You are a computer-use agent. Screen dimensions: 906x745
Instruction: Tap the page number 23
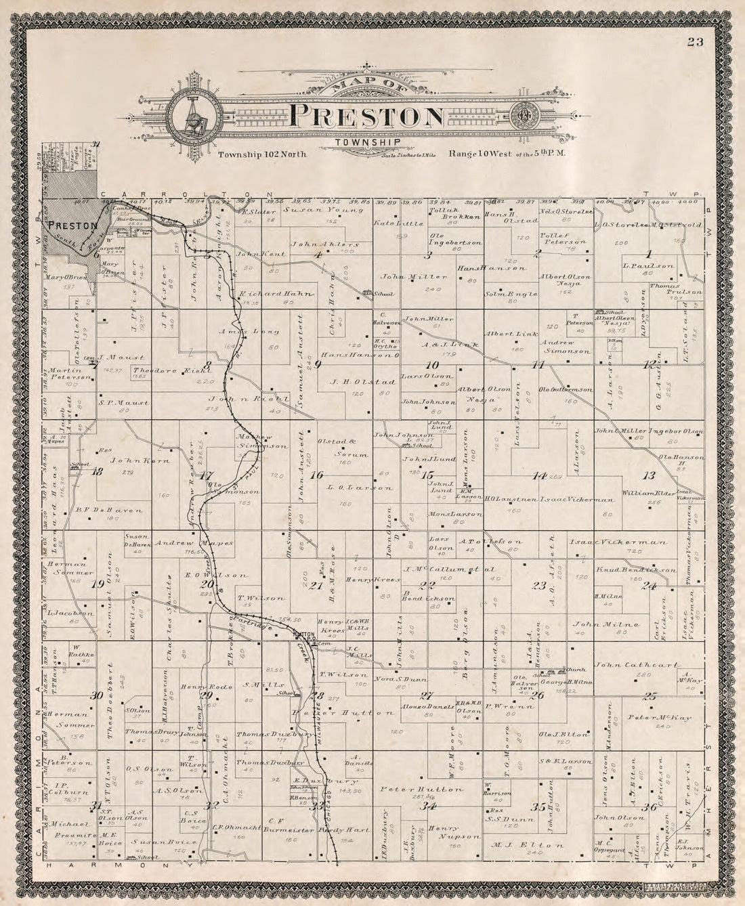(694, 43)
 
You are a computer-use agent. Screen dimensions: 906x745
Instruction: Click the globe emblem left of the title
(192, 116)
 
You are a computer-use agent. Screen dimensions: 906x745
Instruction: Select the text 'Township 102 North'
(263, 154)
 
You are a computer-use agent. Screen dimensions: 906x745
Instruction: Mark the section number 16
(316, 475)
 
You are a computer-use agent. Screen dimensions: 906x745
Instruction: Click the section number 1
(649, 255)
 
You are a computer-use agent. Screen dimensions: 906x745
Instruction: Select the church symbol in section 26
(559, 670)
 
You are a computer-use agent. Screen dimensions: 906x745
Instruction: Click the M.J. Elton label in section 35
(538, 845)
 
